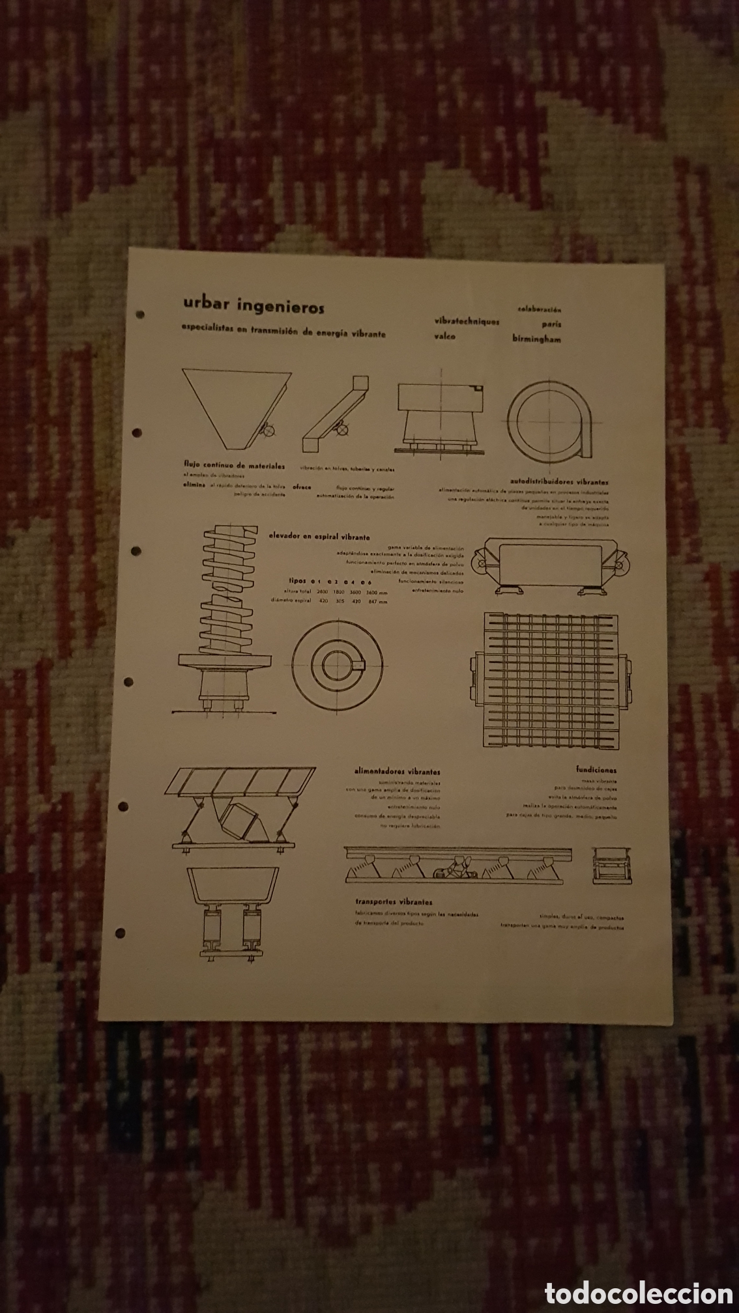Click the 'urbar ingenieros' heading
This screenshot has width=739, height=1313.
[x=254, y=305]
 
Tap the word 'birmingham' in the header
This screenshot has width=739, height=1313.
[x=536, y=339]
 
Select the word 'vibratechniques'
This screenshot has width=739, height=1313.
[x=467, y=322]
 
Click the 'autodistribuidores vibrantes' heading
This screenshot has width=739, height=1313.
[x=560, y=483]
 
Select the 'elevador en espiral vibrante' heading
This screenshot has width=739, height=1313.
[x=319, y=537]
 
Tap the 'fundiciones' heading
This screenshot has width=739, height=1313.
[x=596, y=770]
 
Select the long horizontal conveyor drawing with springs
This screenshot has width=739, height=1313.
[x=458, y=866]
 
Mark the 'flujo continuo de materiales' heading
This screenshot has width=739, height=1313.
[x=234, y=466]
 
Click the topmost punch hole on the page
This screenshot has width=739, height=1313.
[x=139, y=316]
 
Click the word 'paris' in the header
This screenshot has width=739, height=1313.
[x=551, y=324]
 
